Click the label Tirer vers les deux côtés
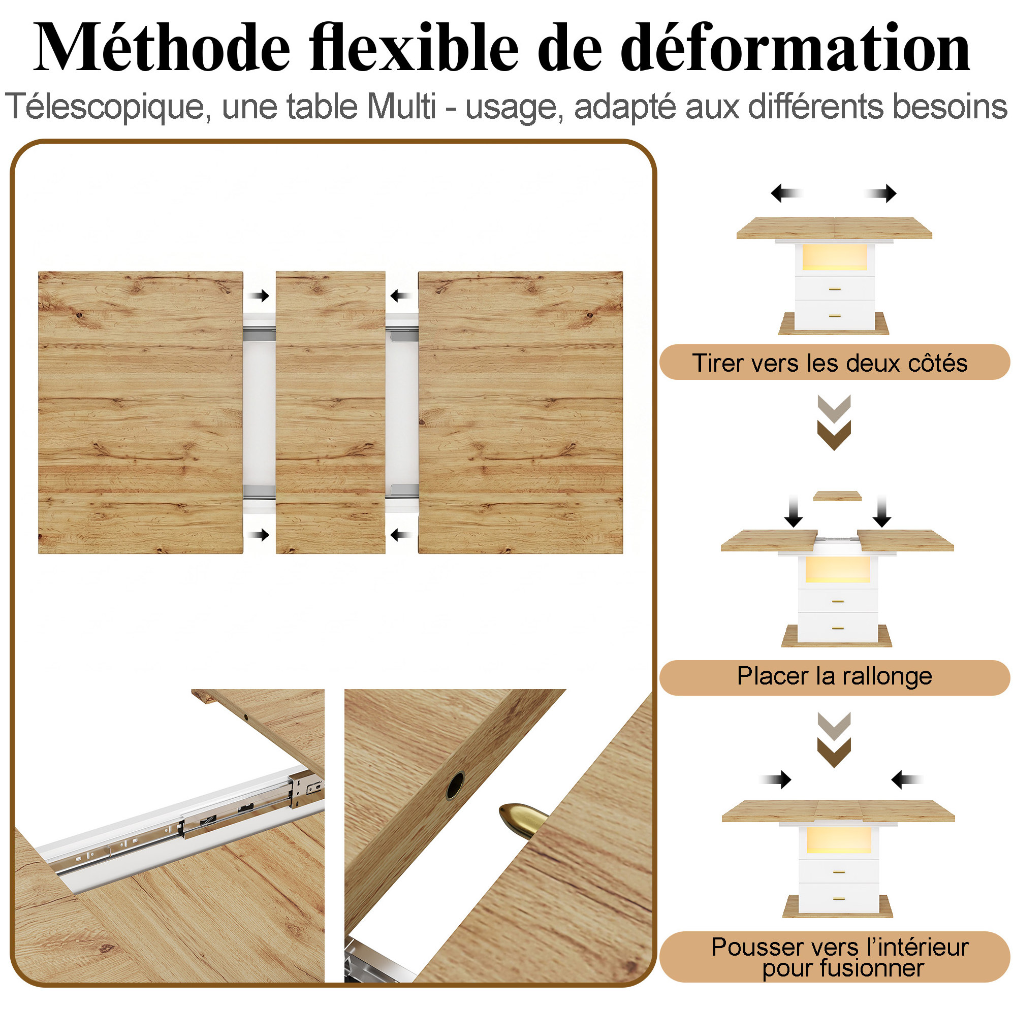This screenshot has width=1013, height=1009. (x=830, y=363)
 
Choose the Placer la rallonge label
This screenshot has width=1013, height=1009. (x=834, y=676)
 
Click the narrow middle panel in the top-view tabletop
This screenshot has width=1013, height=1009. (x=330, y=412)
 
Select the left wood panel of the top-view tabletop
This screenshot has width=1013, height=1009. (x=141, y=412)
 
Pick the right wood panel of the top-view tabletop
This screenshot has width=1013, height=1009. (x=520, y=412)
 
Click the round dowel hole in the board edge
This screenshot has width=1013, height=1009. (x=455, y=785)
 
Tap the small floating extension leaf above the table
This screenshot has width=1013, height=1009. (x=837, y=496)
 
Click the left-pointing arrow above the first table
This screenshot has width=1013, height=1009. (x=786, y=193)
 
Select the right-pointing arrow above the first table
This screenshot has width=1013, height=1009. (x=881, y=193)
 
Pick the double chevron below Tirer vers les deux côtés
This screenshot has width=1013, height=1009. (x=834, y=422)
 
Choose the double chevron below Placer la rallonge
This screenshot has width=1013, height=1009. (x=834, y=740)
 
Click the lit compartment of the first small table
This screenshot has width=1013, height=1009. (x=834, y=257)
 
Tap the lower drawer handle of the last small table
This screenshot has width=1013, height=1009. (x=839, y=899)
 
